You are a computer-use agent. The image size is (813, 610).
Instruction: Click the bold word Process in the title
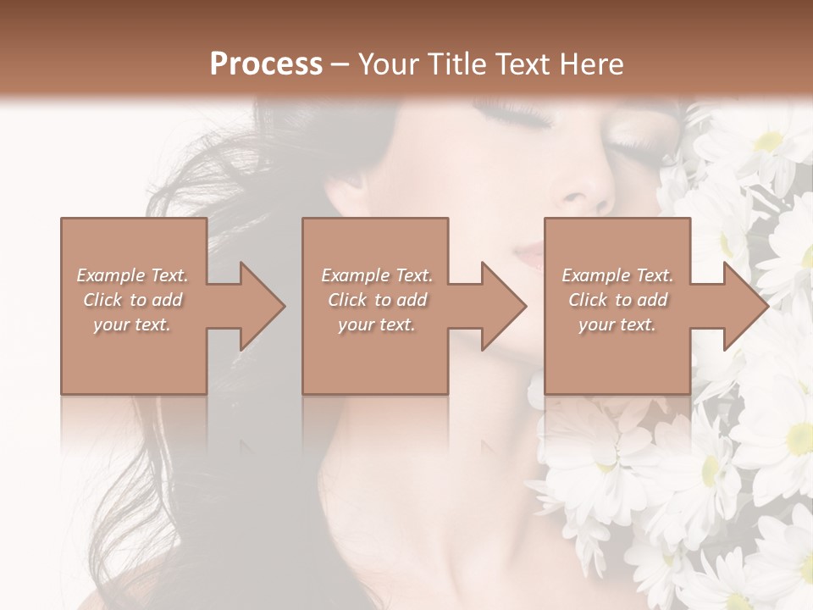266,64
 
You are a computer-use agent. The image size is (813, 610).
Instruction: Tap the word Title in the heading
455,64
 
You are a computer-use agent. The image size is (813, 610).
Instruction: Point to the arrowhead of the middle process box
503,306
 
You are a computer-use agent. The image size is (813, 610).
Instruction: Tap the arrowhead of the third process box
745,306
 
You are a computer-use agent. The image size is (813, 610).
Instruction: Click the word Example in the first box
111,275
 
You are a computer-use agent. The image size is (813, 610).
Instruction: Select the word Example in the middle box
355,275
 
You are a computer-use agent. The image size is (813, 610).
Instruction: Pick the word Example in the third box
595,275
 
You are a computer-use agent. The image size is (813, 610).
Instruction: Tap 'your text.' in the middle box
376,324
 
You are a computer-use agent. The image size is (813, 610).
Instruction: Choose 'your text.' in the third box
617,324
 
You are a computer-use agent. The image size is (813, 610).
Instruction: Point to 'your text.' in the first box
131,324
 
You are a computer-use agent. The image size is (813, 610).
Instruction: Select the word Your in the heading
389,64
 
